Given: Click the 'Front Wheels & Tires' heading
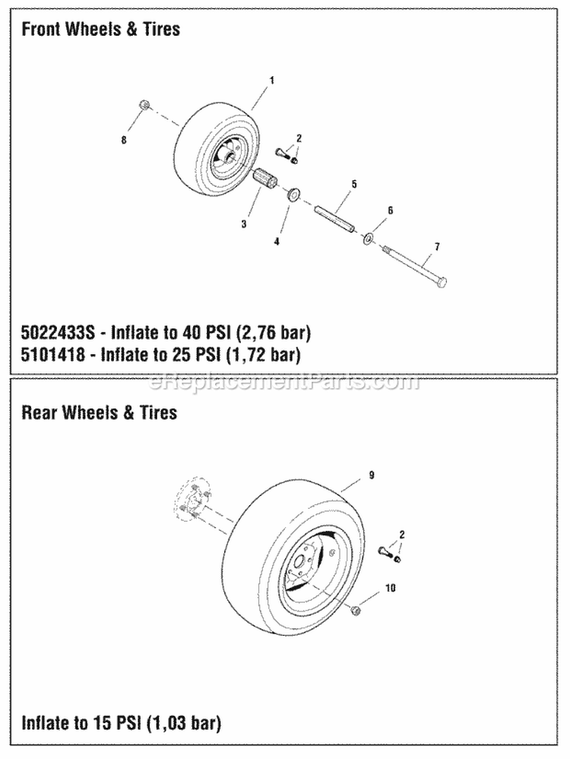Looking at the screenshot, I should click(x=100, y=30).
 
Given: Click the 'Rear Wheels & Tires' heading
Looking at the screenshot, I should click(x=99, y=412).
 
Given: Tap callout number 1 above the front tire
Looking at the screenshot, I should click(x=271, y=80).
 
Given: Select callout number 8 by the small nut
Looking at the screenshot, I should click(x=125, y=141).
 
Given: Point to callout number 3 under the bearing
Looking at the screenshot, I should click(x=243, y=224).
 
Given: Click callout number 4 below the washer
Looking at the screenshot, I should click(x=277, y=240).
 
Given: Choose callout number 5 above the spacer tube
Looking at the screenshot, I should click(x=353, y=184).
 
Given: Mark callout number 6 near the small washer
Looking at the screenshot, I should click(x=390, y=210).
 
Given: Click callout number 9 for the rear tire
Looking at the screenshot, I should click(x=371, y=475).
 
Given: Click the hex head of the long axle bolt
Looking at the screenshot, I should click(x=442, y=282).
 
